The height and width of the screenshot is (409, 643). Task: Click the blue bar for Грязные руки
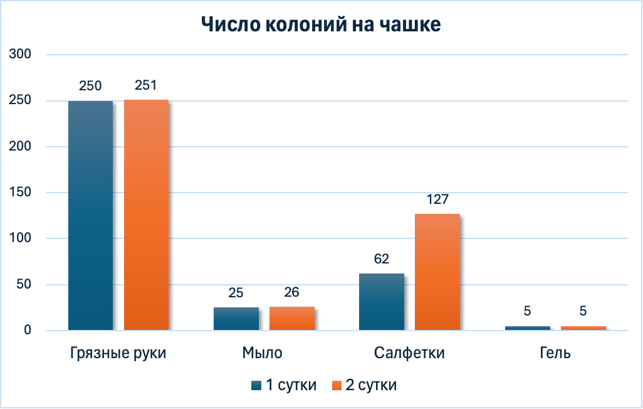[x=91, y=215]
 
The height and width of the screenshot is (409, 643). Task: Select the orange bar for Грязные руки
[x=146, y=215]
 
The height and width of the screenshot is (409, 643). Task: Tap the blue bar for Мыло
[x=236, y=319]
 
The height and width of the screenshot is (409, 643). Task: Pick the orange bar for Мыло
[x=291, y=318]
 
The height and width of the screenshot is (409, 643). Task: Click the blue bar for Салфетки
[x=382, y=302]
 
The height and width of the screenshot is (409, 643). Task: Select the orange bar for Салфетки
[x=437, y=272]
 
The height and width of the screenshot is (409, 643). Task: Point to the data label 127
[x=437, y=200]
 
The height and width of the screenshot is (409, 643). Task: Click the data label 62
[x=382, y=260]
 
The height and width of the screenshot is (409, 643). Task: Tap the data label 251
[x=145, y=85]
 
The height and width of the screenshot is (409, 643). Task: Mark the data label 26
[x=291, y=292]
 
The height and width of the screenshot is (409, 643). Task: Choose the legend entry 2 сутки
[x=364, y=385]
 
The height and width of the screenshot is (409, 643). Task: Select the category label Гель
[x=555, y=353]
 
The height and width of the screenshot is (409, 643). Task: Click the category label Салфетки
[x=409, y=353]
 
